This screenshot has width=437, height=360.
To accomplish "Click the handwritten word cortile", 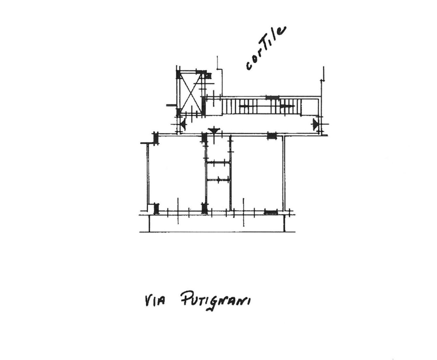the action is coord(265,48).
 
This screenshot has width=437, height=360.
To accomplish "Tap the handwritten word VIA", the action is coord(155,301).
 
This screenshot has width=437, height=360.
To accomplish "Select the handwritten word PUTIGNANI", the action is coord(215,301).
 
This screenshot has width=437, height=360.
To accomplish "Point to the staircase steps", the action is coord(261,106).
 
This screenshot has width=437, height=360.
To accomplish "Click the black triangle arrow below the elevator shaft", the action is coord(183,124).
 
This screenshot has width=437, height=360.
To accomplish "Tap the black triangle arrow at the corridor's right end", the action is coord(315,124).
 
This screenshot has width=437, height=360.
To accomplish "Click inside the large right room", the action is coord(256,173).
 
